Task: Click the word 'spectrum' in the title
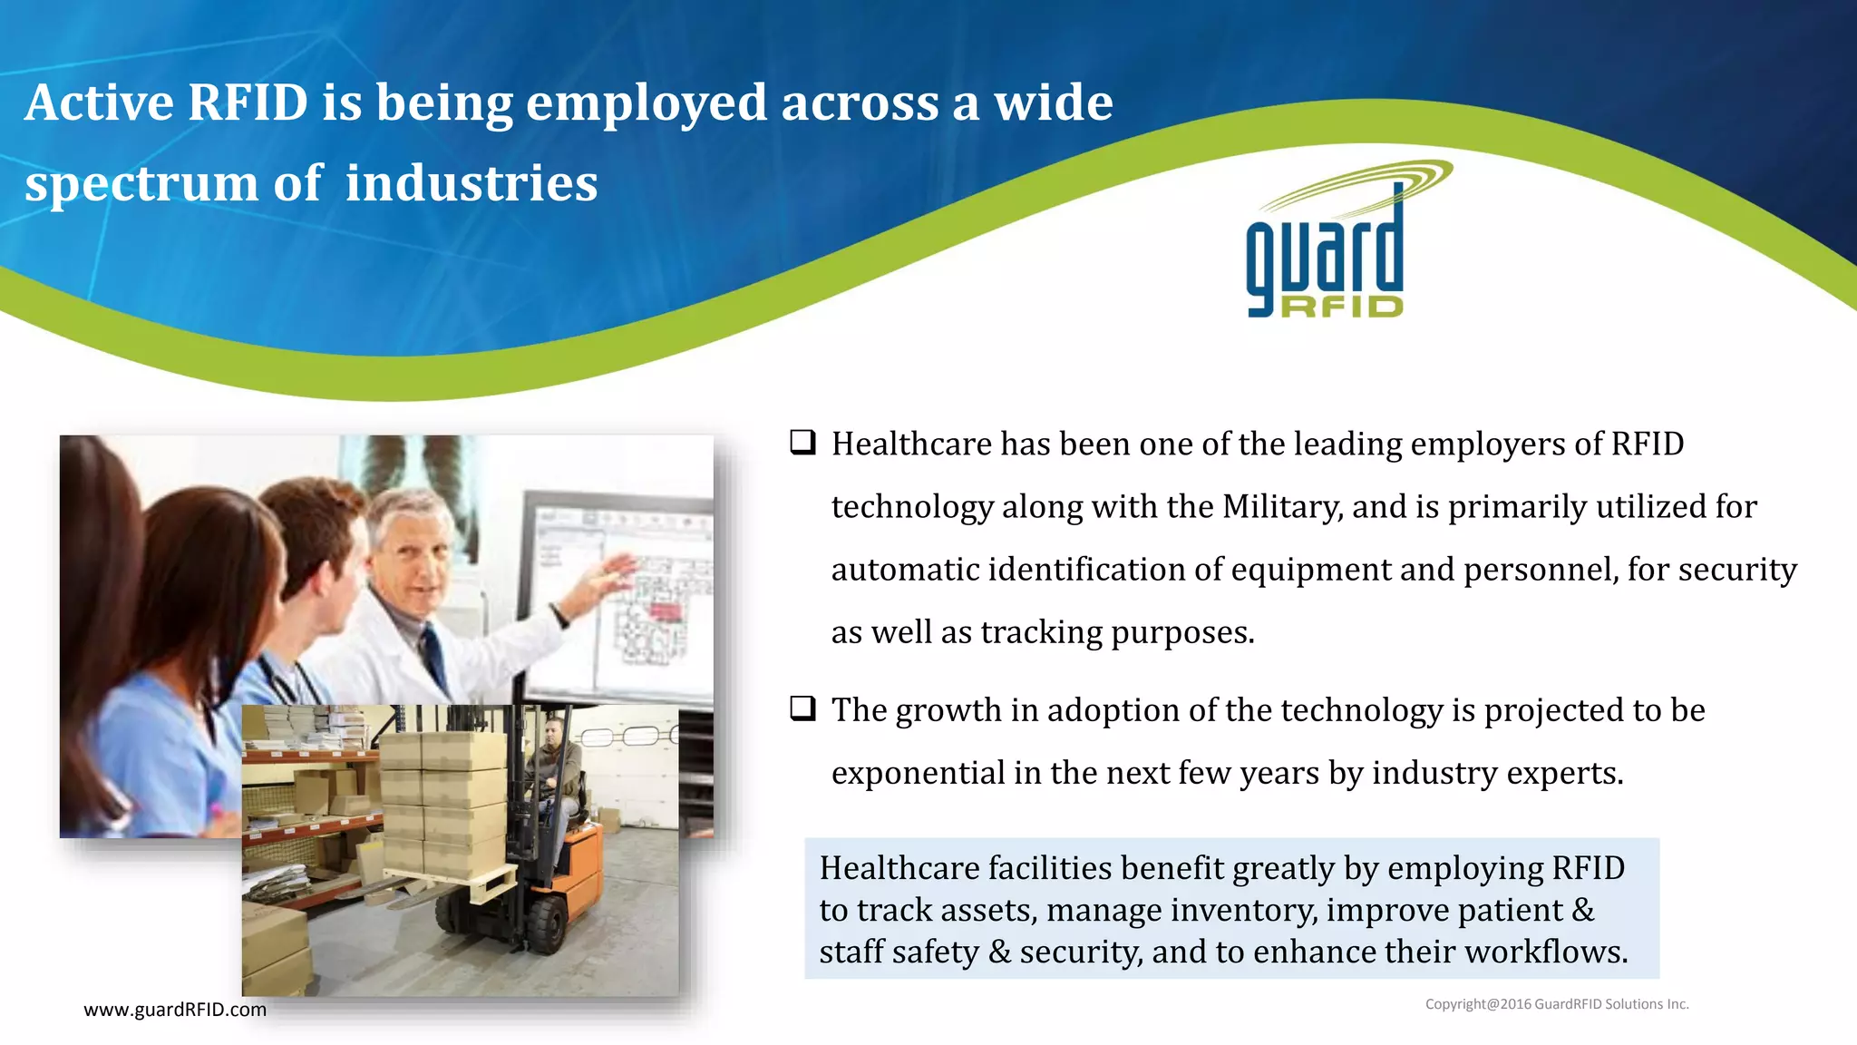(x=141, y=184)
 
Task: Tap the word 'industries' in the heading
(x=472, y=184)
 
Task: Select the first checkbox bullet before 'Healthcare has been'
(x=802, y=443)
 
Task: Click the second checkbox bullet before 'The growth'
(x=802, y=708)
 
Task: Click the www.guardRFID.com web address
(x=175, y=1010)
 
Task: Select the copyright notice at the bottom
(x=1556, y=1004)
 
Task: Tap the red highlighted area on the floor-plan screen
(x=665, y=612)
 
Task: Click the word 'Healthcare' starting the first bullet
(x=911, y=444)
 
